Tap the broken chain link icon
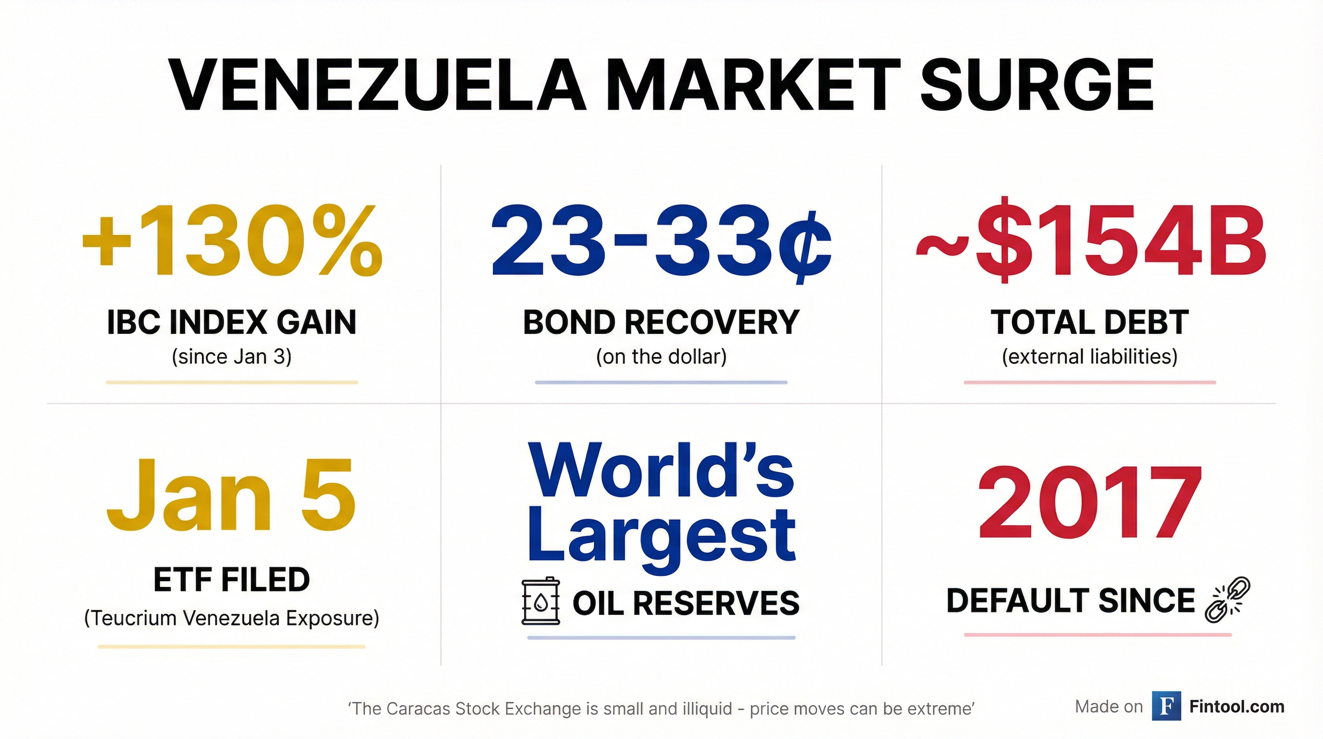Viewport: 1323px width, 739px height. [1227, 600]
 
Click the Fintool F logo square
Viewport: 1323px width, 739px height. [1166, 707]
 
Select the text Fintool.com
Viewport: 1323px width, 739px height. [1237, 707]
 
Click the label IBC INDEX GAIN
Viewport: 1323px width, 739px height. [232, 323]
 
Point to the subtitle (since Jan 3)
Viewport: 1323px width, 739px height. [232, 357]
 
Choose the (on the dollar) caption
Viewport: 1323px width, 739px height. [661, 357]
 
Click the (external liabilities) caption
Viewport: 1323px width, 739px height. [1090, 357]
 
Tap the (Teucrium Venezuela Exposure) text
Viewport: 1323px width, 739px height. [232, 618]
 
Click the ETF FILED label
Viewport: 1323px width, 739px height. [232, 580]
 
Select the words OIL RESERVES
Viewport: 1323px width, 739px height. [686, 603]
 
